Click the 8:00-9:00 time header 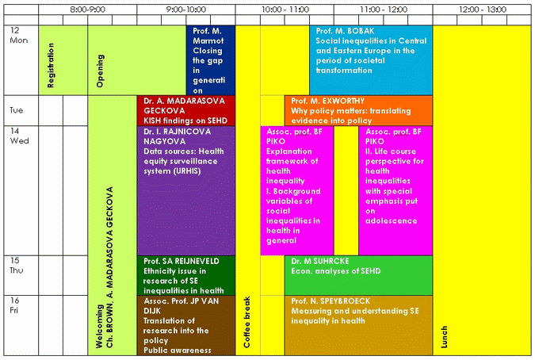point(88,10)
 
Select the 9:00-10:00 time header point(186,10)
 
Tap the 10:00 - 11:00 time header point(285,10)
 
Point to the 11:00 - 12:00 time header point(384,10)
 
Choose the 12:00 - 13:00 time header point(482,10)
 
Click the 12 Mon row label point(18,35)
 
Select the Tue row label point(16,110)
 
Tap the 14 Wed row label point(19,136)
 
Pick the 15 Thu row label point(17,266)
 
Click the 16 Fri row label point(14,305)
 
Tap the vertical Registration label point(51,65)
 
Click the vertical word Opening point(100,71)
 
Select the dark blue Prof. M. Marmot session point(211,60)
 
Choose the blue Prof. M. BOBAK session point(371,60)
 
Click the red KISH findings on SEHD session point(186,110)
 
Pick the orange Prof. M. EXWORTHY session point(358,110)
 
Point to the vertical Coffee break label point(246,322)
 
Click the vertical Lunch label point(444,337)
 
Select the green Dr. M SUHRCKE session point(358,275)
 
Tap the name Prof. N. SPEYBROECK point(331,301)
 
